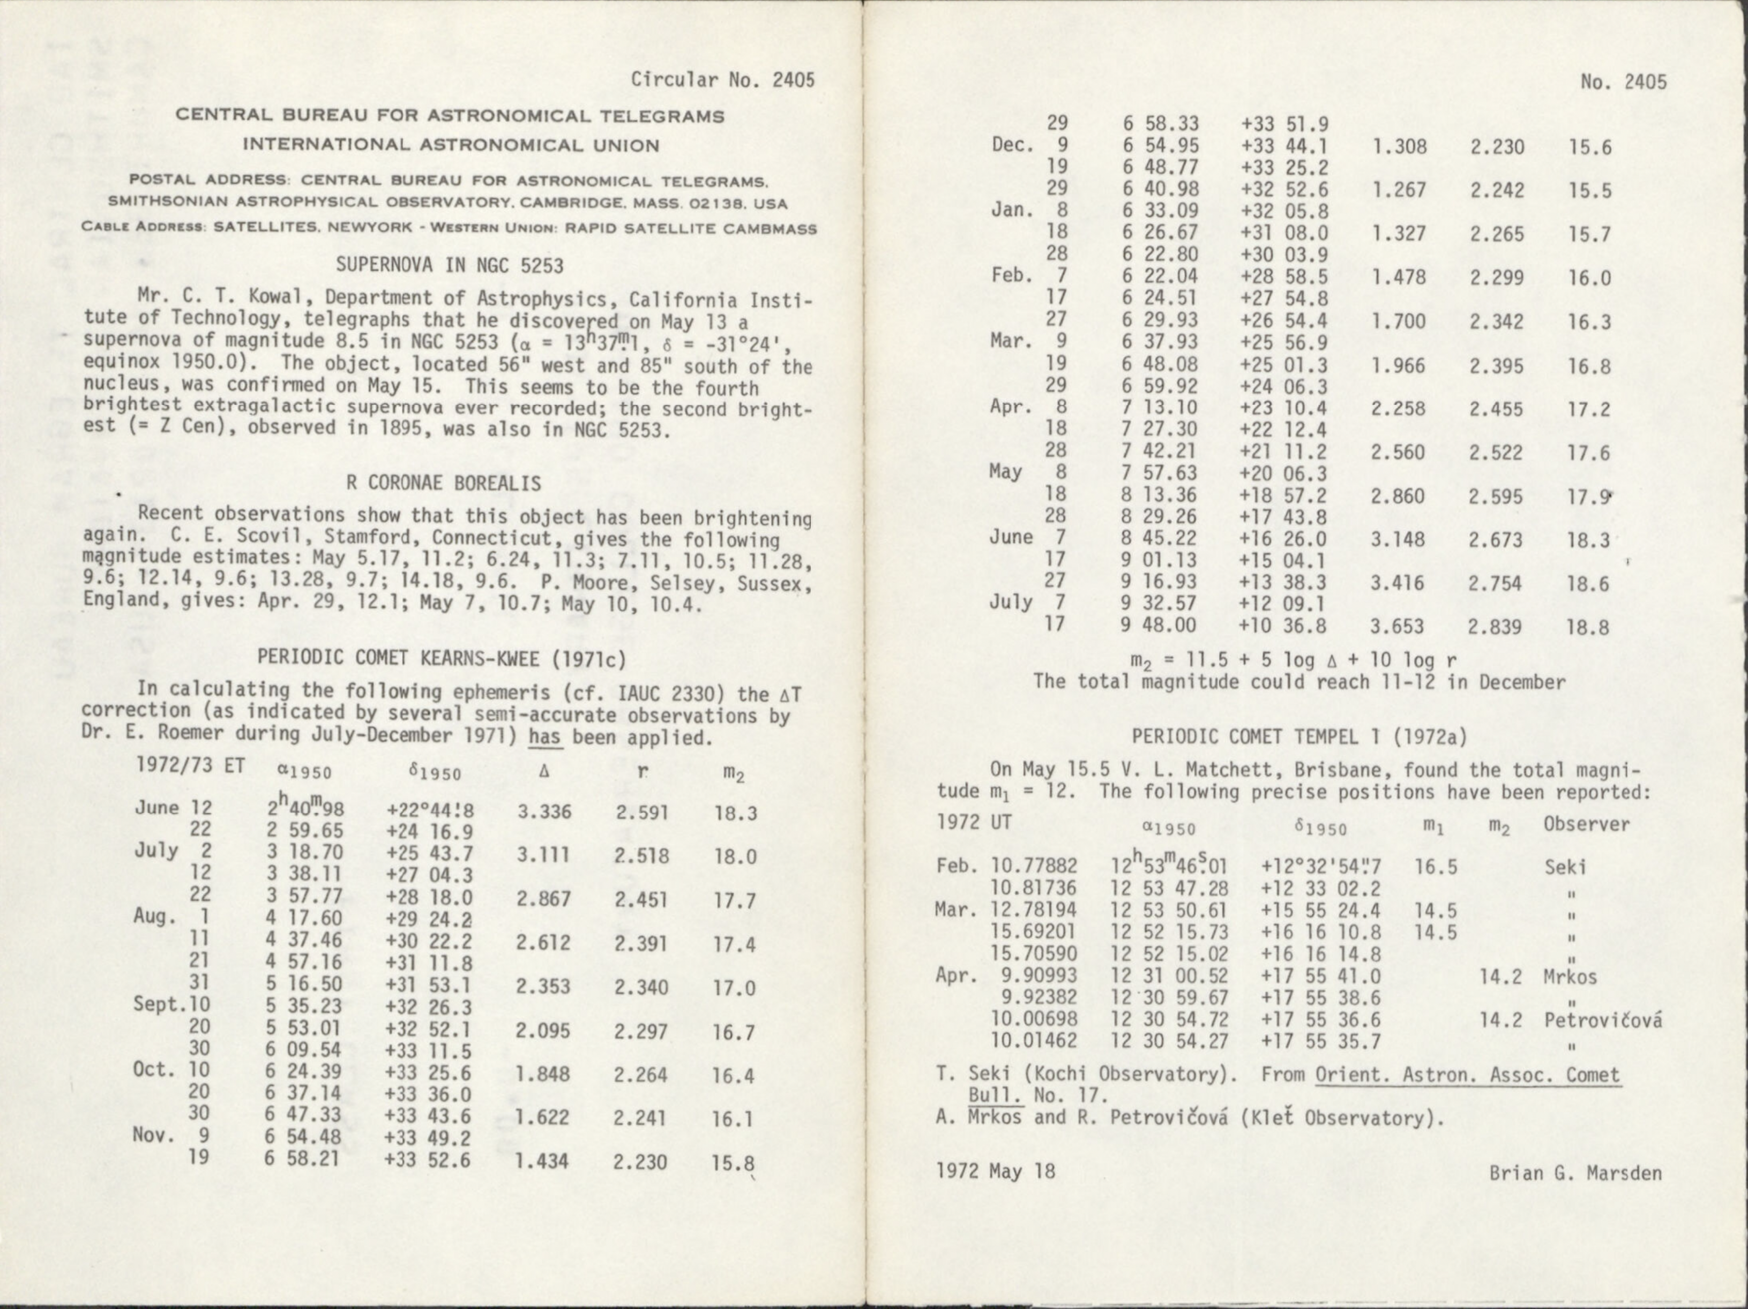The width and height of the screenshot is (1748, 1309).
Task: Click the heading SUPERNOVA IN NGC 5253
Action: (450, 266)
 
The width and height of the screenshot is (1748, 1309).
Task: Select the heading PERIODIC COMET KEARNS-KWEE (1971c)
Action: (442, 657)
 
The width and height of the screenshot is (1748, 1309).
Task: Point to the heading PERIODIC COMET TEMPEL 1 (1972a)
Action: (1299, 737)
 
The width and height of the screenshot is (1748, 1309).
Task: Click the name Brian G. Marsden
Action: (1575, 1173)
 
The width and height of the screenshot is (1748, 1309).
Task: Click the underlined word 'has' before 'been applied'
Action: (546, 738)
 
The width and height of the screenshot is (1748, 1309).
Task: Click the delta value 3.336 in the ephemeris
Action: (544, 812)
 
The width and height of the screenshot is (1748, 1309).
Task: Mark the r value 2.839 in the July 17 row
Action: (1495, 627)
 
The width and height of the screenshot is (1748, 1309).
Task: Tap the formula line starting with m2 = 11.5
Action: (1293, 660)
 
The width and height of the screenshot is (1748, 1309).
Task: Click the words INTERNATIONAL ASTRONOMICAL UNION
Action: (451, 145)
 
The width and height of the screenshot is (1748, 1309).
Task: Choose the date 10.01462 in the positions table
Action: (1034, 1041)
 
